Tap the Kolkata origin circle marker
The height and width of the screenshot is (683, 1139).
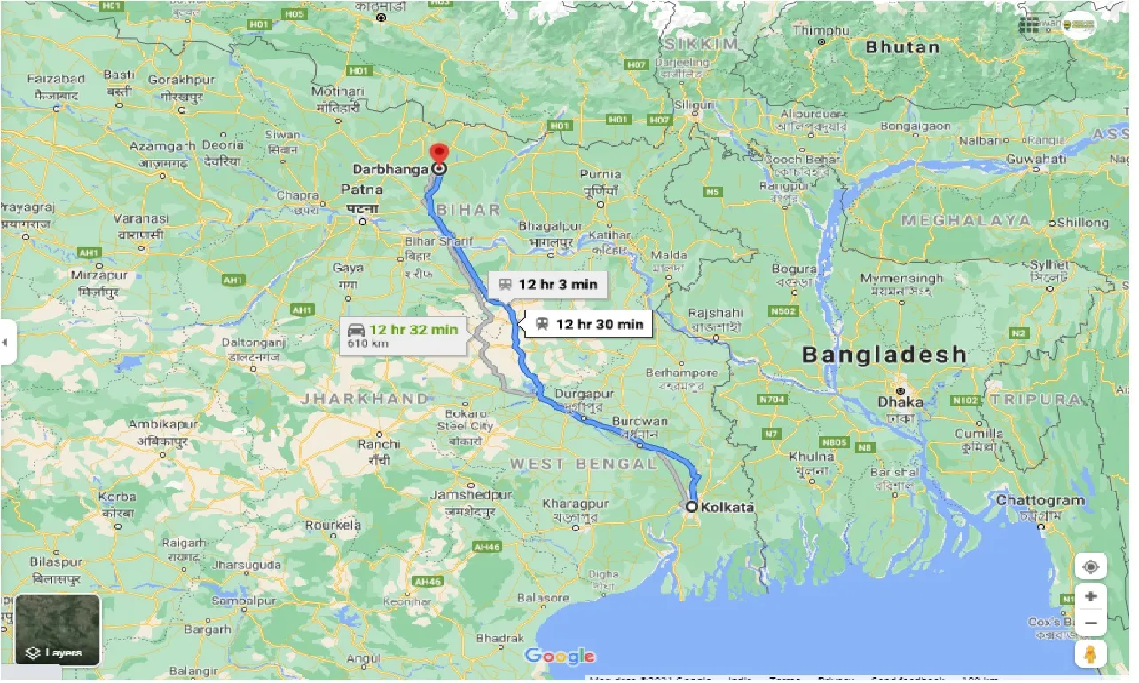point(692,506)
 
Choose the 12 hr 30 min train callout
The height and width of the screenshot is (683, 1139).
point(589,325)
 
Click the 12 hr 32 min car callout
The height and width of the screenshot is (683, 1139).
point(405,334)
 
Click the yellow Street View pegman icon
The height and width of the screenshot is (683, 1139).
point(1090,655)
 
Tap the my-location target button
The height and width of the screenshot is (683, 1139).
point(1090,566)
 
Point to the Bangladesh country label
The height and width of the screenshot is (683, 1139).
point(884,355)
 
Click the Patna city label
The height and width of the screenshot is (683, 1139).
point(362,190)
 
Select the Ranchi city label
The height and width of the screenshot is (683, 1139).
point(380,444)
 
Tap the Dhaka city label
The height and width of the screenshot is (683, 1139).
point(900,402)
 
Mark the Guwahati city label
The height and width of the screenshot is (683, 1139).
point(1036,159)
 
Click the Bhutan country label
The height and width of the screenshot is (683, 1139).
point(901,47)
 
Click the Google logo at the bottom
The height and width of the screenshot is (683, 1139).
point(559,656)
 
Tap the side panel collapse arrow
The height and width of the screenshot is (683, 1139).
point(6,341)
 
